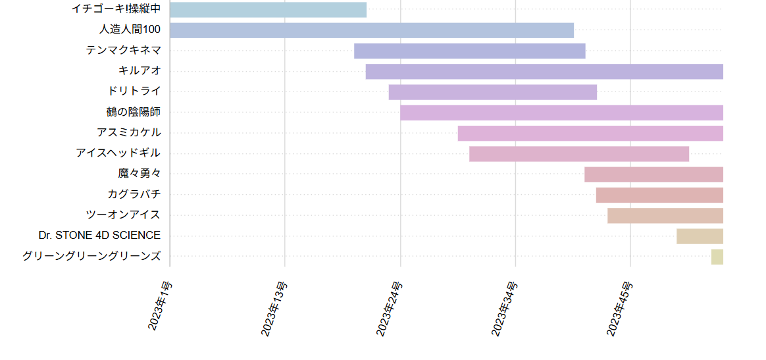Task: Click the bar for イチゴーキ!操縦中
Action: pyautogui.click(x=268, y=10)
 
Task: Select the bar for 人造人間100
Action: pyautogui.click(x=372, y=30)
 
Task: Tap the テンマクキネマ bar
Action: pyautogui.click(x=469, y=51)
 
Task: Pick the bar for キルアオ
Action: pyautogui.click(x=544, y=72)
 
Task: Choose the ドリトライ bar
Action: pyautogui.click(x=492, y=92)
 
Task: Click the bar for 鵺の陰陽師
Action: pyautogui.click(x=561, y=113)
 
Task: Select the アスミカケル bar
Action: pyautogui.click(x=590, y=133)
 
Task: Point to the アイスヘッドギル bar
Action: pyautogui.click(x=579, y=154)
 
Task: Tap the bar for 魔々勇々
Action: pyautogui.click(x=653, y=174)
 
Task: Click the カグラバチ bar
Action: pyautogui.click(x=659, y=195)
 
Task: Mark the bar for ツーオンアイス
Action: pyautogui.click(x=665, y=215)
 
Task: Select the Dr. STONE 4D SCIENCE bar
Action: pyautogui.click(x=700, y=236)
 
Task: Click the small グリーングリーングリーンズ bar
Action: pyautogui.click(x=717, y=257)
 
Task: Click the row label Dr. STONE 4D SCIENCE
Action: pyautogui.click(x=99, y=236)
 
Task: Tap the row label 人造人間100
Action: pyautogui.click(x=130, y=30)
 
